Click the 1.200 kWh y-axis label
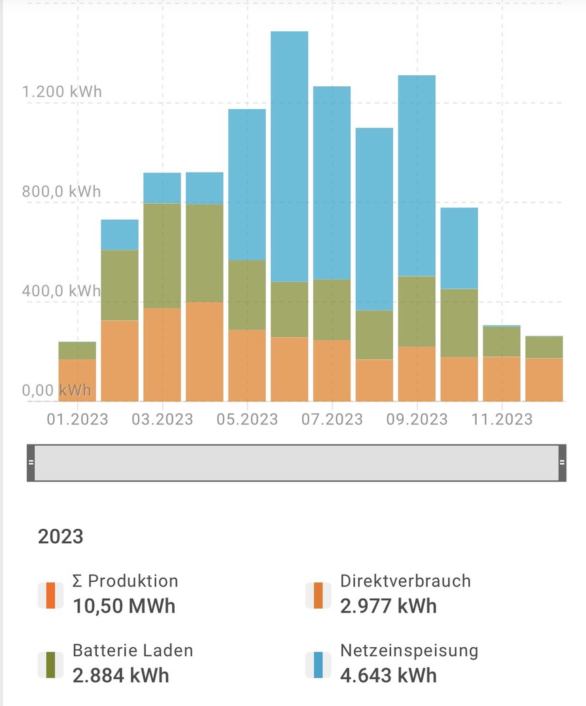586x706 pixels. (62, 92)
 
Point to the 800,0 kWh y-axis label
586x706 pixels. (62, 192)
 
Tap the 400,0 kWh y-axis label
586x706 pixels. (62, 291)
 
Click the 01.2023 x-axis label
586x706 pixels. (77, 419)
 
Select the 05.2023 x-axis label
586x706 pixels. (247, 419)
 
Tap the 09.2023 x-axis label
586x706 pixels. (417, 419)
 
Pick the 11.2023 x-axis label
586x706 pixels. (502, 419)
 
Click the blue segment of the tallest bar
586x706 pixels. (289, 157)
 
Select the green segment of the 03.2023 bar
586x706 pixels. (162, 256)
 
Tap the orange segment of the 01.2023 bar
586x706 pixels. (77, 380)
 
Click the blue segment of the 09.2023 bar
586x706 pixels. (417, 176)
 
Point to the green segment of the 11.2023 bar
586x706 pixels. (502, 341)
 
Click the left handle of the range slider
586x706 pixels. (31, 462)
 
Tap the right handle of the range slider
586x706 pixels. (562, 462)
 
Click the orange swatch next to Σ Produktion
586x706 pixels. (50, 595)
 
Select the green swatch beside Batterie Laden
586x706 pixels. (50, 664)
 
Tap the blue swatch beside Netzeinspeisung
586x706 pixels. (319, 664)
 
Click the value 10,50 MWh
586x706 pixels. (124, 606)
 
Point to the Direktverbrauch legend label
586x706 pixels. (405, 580)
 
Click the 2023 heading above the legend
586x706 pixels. (61, 537)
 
